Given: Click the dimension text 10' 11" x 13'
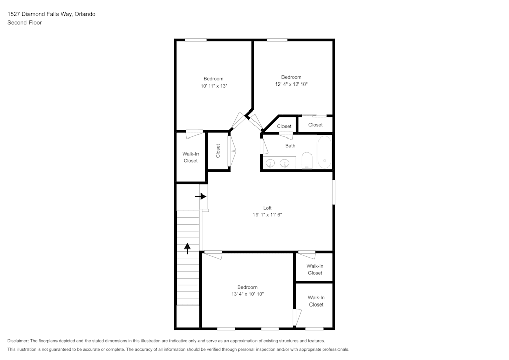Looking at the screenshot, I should tap(213, 86).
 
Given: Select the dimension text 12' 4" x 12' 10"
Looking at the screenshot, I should tap(291, 84).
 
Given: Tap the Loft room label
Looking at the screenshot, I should tap(267, 208).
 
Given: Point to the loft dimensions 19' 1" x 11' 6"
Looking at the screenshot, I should tap(267, 215).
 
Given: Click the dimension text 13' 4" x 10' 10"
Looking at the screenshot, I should tap(247, 294).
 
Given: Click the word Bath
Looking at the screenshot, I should tap(290, 146).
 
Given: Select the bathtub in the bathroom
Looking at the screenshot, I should tap(324, 152).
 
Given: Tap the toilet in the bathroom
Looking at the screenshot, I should tap(306, 160).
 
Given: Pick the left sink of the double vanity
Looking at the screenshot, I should tap(271, 163).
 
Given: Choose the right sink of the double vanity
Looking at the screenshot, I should tap(285, 163).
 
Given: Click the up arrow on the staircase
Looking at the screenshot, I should tap(187, 248).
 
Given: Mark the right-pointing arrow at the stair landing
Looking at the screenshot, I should tap(201, 196).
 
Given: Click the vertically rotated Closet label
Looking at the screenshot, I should tap(218, 151).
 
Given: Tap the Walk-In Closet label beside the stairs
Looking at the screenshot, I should tap(190, 157).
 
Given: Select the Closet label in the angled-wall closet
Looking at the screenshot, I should tap(284, 126).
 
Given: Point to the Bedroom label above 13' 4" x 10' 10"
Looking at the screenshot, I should tap(247, 287).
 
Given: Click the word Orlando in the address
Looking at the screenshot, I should tap(85, 14).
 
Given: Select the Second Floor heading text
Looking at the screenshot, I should tap(24, 23).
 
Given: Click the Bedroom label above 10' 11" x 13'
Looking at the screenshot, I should tap(213, 79).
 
